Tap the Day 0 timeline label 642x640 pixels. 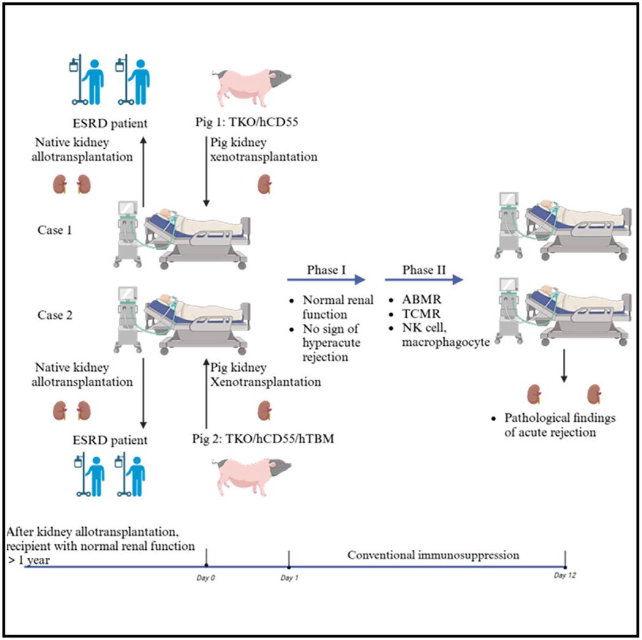(206, 576)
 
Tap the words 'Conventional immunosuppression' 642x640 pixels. (433, 555)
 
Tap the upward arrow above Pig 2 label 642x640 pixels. (206, 395)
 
